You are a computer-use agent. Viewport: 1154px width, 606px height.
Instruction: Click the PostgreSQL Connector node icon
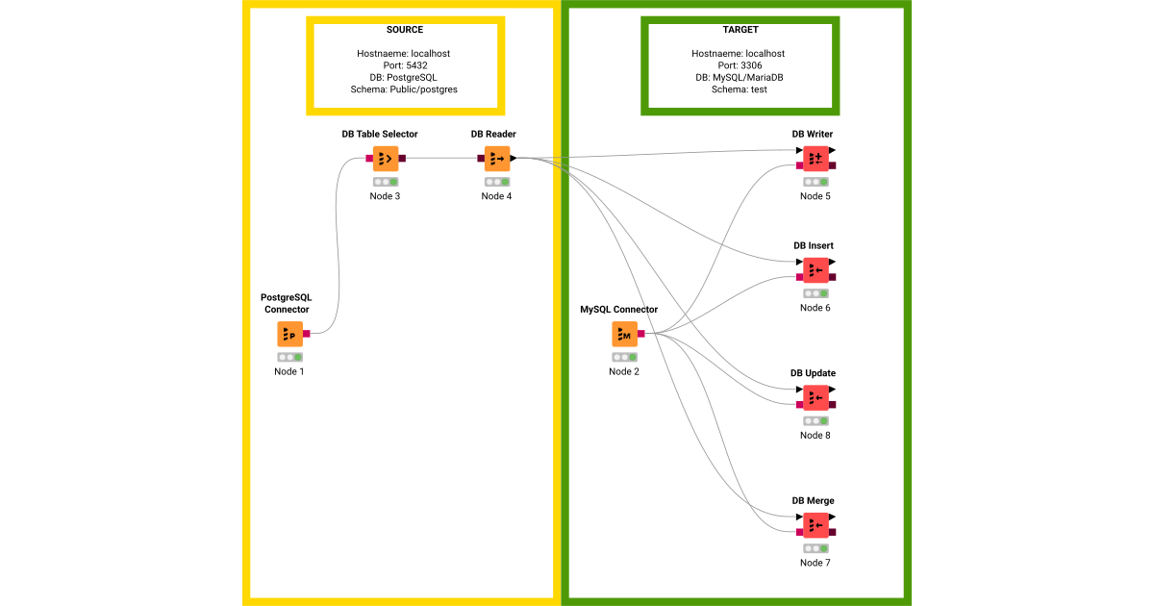(x=290, y=334)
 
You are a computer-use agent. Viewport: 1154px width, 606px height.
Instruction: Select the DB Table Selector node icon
(x=386, y=158)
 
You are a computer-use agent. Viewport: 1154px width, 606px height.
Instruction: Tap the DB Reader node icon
(x=497, y=158)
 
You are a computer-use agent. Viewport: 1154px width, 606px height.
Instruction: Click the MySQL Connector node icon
(x=624, y=334)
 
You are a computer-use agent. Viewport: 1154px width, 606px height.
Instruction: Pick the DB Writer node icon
(x=815, y=158)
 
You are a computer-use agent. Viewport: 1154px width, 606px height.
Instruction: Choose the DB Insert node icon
(x=815, y=270)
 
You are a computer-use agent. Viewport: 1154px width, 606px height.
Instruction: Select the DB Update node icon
(x=815, y=397)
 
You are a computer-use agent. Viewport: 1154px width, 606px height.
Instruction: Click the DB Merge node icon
(x=815, y=525)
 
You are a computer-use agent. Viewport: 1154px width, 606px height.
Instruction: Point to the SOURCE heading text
(x=404, y=30)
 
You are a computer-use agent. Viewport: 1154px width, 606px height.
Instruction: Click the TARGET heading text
(x=740, y=30)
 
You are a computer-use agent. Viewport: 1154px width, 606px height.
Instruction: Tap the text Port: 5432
(x=404, y=65)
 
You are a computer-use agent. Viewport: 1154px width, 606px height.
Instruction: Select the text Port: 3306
(x=739, y=65)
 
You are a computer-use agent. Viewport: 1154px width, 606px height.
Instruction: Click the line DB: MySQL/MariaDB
(x=739, y=77)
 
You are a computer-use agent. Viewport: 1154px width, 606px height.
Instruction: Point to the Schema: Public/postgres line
(x=404, y=89)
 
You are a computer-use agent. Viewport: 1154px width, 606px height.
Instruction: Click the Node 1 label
(x=288, y=372)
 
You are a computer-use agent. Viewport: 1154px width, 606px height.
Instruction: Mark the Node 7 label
(x=815, y=563)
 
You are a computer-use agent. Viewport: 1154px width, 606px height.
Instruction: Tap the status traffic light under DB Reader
(x=497, y=181)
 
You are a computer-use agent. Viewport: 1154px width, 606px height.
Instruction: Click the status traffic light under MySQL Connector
(x=624, y=357)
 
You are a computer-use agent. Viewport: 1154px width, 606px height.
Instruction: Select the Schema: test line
(x=739, y=89)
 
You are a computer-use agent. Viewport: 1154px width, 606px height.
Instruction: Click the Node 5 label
(x=815, y=196)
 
